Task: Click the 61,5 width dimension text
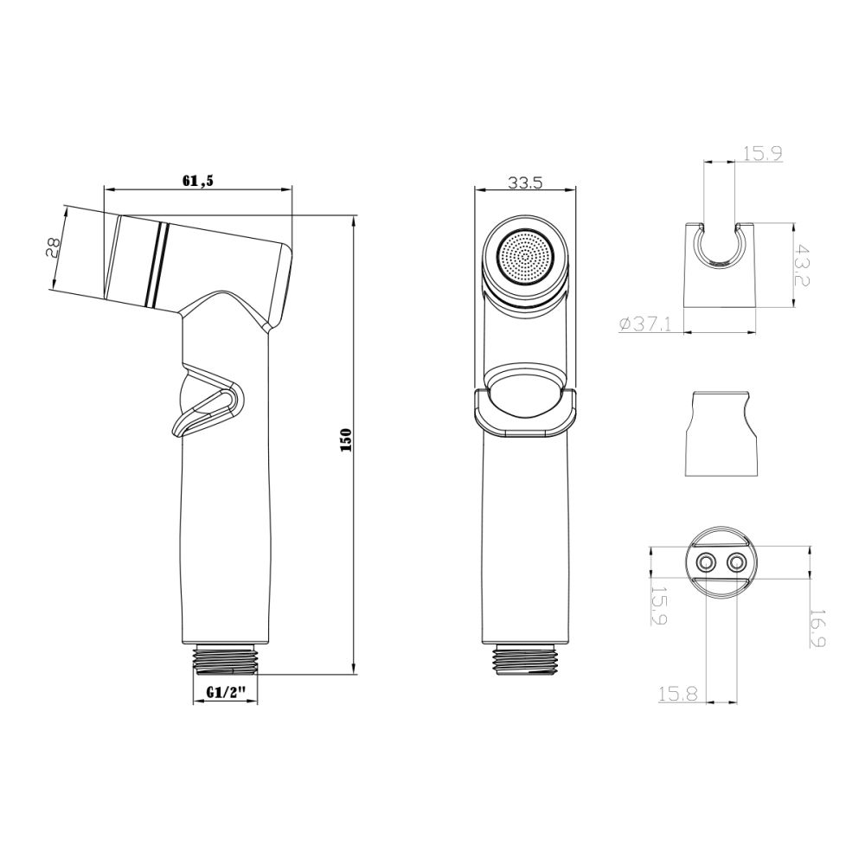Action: tap(197, 180)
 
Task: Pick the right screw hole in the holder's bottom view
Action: tap(737, 563)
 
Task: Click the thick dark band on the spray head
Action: tap(156, 264)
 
